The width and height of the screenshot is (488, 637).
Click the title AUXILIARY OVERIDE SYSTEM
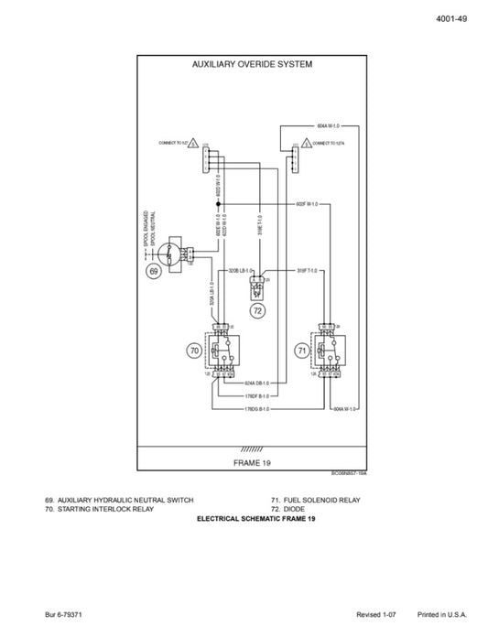tap(253, 65)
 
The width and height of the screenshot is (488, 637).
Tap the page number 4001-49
tap(452, 20)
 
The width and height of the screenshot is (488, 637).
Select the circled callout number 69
tap(154, 272)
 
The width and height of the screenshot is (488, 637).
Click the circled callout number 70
tap(193, 350)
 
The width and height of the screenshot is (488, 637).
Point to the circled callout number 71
tap(302, 350)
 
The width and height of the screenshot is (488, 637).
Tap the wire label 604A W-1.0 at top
tap(327, 124)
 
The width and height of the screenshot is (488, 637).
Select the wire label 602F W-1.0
tap(307, 203)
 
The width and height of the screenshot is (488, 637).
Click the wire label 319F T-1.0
tap(308, 271)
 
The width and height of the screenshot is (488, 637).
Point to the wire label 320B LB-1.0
tap(240, 271)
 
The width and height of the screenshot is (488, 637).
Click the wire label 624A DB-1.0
tap(257, 383)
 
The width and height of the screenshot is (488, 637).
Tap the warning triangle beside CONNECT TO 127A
tap(304, 144)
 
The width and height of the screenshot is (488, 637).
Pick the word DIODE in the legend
tap(293, 509)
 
